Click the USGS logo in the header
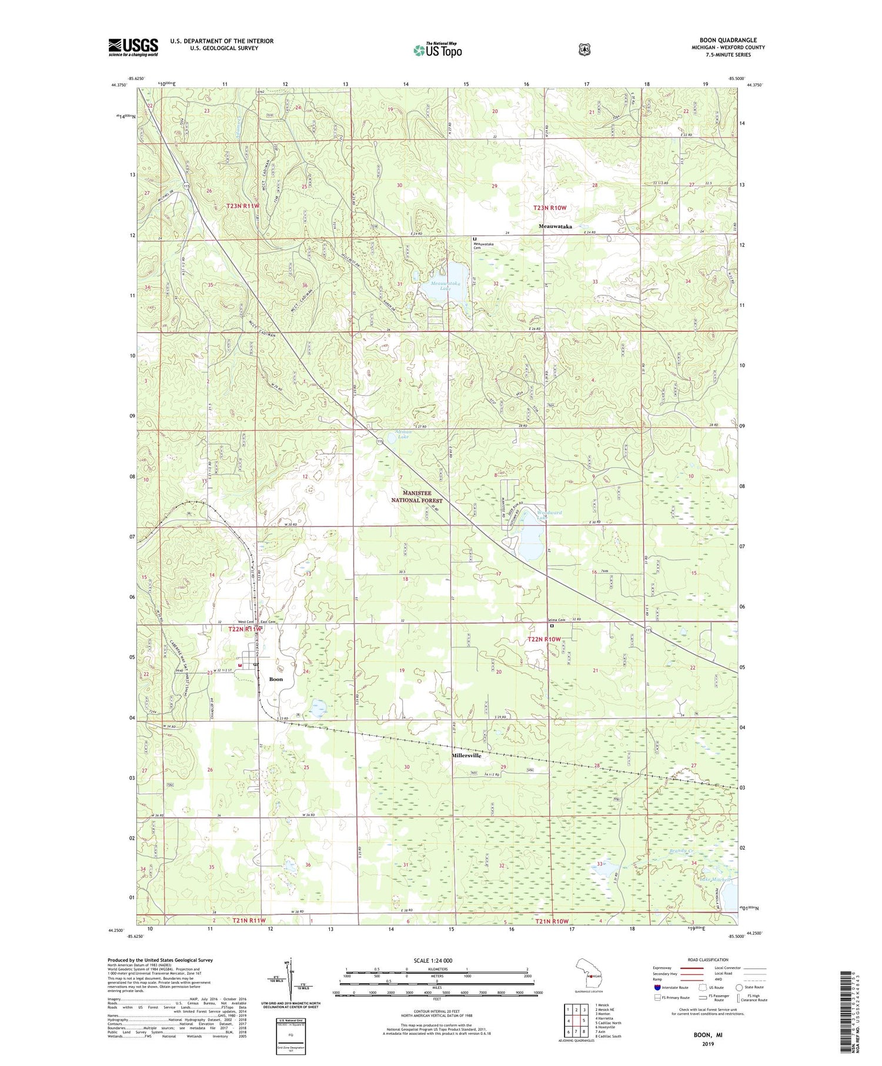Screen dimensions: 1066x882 tap(133, 47)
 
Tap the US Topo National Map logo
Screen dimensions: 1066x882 tap(437, 50)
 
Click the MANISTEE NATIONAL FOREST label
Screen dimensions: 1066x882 tap(417, 496)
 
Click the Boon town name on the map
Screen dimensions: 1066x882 tap(276, 679)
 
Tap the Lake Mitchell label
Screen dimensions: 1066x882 tap(715, 880)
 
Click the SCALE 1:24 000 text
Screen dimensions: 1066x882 tap(433, 960)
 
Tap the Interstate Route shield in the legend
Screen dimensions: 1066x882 tap(657, 987)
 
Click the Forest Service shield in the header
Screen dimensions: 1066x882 tap(584, 50)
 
